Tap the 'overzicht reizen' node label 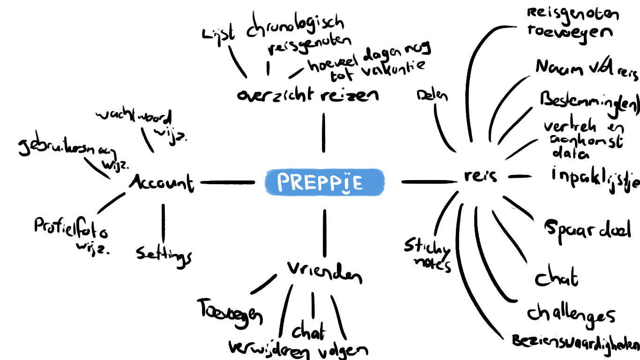tap(308, 95)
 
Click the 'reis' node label tap(480, 176)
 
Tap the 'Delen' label tap(432, 96)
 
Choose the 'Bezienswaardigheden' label tap(575, 342)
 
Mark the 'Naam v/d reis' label tap(587, 68)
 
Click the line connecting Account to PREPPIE tap(228, 182)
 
